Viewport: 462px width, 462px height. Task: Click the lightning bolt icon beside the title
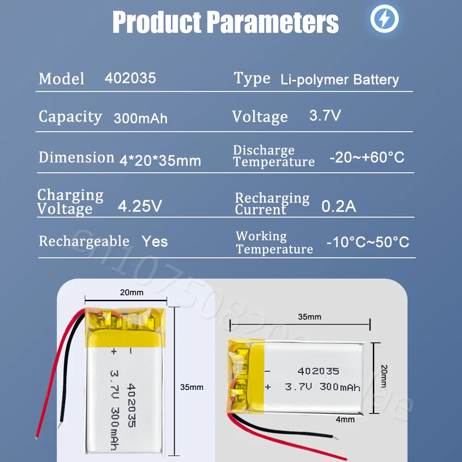pos(384,19)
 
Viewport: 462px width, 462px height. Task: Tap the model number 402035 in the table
pos(130,78)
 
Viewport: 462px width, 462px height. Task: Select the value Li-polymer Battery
pos(339,79)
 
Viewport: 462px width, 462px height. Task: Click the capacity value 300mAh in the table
pos(140,118)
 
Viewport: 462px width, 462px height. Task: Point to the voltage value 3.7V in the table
pos(325,115)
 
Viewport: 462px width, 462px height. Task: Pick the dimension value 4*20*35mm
pos(160,160)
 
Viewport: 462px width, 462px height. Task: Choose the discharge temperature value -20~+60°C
pos(366,157)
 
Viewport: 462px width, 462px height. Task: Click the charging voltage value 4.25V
pos(140,206)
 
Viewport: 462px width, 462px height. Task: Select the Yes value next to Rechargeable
pos(154,241)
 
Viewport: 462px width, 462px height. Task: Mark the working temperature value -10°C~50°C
pos(367,242)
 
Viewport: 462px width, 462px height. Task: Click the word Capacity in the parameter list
pos(70,117)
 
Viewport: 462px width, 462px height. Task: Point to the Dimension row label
pos(76,157)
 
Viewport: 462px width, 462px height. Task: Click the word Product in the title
pos(156,22)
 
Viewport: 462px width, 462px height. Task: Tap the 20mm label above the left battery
pos(132,292)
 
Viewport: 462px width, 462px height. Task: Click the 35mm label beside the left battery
pos(191,387)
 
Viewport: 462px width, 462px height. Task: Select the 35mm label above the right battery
pos(309,317)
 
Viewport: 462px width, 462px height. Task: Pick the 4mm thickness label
pos(345,419)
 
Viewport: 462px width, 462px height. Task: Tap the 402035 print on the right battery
pos(318,371)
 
